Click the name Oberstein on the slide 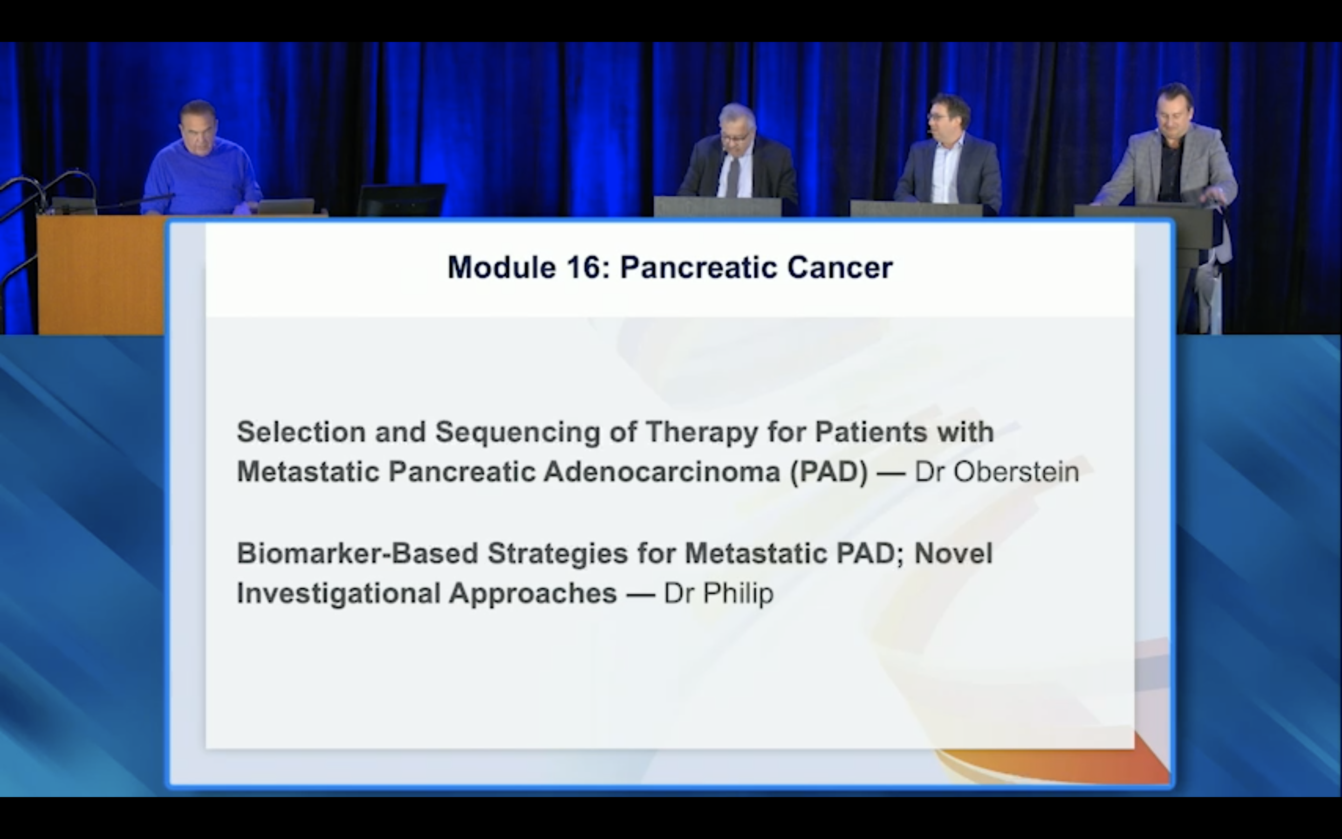(1016, 472)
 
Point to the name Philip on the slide (738, 593)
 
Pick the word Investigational (339, 594)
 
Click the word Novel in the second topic (953, 553)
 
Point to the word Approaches (533, 594)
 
